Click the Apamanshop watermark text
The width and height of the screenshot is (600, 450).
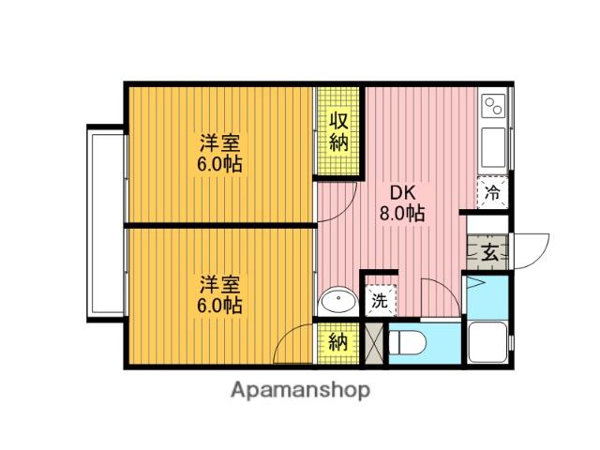coord(300,390)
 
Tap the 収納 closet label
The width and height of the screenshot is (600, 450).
coord(338,132)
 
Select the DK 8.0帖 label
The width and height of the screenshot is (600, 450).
coord(402,203)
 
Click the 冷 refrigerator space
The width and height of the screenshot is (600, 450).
coord(493,192)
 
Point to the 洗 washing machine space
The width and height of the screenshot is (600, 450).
coord(381,300)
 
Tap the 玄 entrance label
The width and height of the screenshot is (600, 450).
coord(489,252)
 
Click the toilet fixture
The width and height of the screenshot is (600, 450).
coord(407,342)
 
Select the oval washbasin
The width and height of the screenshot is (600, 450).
coord(338,301)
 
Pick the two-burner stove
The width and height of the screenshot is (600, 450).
coord(494,105)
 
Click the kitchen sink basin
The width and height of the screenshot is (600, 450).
coord(494,147)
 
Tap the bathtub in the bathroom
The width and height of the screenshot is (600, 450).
coord(487,342)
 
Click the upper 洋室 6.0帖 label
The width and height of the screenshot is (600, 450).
coord(219,154)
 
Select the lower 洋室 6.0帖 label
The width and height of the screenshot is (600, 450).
coord(219,294)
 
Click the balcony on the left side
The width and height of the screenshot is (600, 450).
coord(106,224)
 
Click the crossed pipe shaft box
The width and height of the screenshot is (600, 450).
coord(373,344)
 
